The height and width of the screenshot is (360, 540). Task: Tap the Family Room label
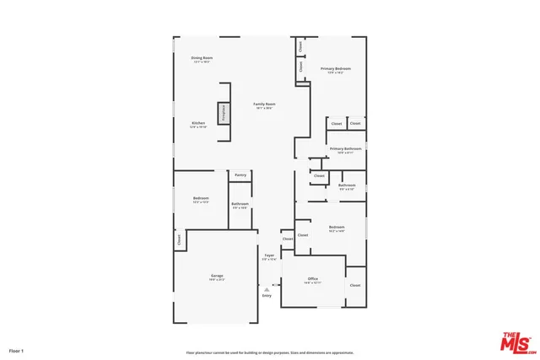click(x=265, y=105)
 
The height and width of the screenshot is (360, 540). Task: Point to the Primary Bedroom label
click(x=335, y=70)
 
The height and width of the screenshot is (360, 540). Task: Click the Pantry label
click(x=240, y=175)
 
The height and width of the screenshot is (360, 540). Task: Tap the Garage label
click(x=217, y=277)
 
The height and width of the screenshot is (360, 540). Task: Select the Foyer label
click(x=269, y=256)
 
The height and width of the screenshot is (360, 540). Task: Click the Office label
click(x=312, y=280)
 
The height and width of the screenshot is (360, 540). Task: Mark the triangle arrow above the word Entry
click(x=267, y=288)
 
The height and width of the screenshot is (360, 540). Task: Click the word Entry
click(x=267, y=296)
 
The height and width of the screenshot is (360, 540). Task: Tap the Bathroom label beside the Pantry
click(x=240, y=205)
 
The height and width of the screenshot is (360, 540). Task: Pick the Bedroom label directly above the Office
click(x=337, y=228)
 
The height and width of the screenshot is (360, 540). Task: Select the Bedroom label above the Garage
click(x=201, y=200)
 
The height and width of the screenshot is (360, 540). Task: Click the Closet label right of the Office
click(x=355, y=286)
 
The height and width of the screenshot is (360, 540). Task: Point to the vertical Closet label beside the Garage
click(x=180, y=240)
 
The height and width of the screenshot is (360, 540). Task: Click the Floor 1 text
click(x=17, y=350)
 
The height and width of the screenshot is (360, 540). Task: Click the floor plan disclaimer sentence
click(x=270, y=352)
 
